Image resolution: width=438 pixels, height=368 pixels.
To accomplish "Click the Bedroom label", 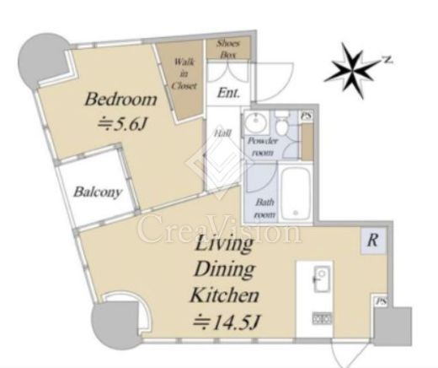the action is tap(120, 100).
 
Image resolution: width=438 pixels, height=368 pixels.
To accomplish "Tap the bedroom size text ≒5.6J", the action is tap(122, 124).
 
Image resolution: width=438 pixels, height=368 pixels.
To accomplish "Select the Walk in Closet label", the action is tap(184, 73).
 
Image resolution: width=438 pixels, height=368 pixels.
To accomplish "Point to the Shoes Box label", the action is tap(228, 49).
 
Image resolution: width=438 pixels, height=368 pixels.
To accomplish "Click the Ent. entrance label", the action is tap(229, 93).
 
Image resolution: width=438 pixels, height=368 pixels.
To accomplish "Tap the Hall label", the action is tap(222, 133).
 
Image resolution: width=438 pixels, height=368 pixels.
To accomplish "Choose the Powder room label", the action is tap(263, 147).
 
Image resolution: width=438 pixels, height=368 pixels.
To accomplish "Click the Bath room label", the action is tap(264, 208).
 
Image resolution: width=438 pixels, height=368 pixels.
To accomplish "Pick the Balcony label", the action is tap(98, 192).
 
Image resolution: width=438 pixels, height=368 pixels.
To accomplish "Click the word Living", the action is tap(224, 243).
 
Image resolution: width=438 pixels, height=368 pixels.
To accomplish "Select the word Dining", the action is tap(224, 269).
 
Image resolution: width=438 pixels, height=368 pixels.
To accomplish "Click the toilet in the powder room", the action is tap(281, 124).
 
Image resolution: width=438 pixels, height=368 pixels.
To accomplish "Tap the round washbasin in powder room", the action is tap(256, 122).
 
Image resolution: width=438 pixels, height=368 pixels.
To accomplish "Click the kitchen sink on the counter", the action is tap(322, 279).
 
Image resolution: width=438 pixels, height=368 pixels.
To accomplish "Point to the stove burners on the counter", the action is tap(322, 318).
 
